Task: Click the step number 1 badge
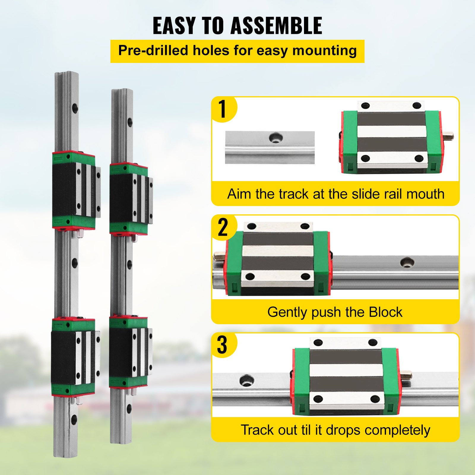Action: click(x=223, y=109)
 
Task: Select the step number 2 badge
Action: click(x=223, y=227)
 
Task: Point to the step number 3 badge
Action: click(x=222, y=345)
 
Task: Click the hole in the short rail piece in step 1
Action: click(x=276, y=138)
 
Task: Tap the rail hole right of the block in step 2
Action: click(x=407, y=262)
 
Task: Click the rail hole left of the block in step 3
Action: click(x=246, y=380)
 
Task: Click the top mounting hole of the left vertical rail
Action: click(x=75, y=107)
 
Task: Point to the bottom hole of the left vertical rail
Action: click(x=74, y=419)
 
